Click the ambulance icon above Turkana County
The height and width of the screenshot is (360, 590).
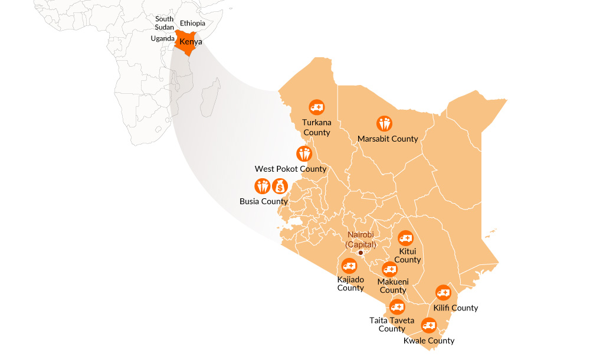pos(317,107)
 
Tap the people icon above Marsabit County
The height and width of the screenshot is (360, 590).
pos(385,124)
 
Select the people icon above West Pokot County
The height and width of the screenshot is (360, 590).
pos(304,154)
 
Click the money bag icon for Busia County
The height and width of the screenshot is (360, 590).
pos(280,186)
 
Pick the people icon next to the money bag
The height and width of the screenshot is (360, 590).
pos(262,186)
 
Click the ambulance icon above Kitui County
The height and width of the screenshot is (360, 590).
pos(405,238)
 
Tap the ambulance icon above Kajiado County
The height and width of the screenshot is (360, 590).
pos(349,266)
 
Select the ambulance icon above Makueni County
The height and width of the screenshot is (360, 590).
pos(390,269)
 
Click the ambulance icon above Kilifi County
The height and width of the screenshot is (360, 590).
pos(443,293)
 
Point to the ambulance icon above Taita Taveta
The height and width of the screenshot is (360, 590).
pos(397,307)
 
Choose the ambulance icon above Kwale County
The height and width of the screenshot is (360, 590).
pos(428,325)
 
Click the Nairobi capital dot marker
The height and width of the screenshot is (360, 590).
pos(361,253)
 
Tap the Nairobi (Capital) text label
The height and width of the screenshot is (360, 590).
pos(360,240)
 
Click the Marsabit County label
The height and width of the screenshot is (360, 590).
pos(388,139)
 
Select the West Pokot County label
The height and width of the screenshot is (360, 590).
pos(290,169)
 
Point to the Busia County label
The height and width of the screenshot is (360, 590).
pos(264,201)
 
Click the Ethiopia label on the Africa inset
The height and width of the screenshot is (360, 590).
pos(192,24)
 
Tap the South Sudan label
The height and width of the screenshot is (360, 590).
pos(165,23)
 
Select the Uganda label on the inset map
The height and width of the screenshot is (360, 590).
pos(163,38)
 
